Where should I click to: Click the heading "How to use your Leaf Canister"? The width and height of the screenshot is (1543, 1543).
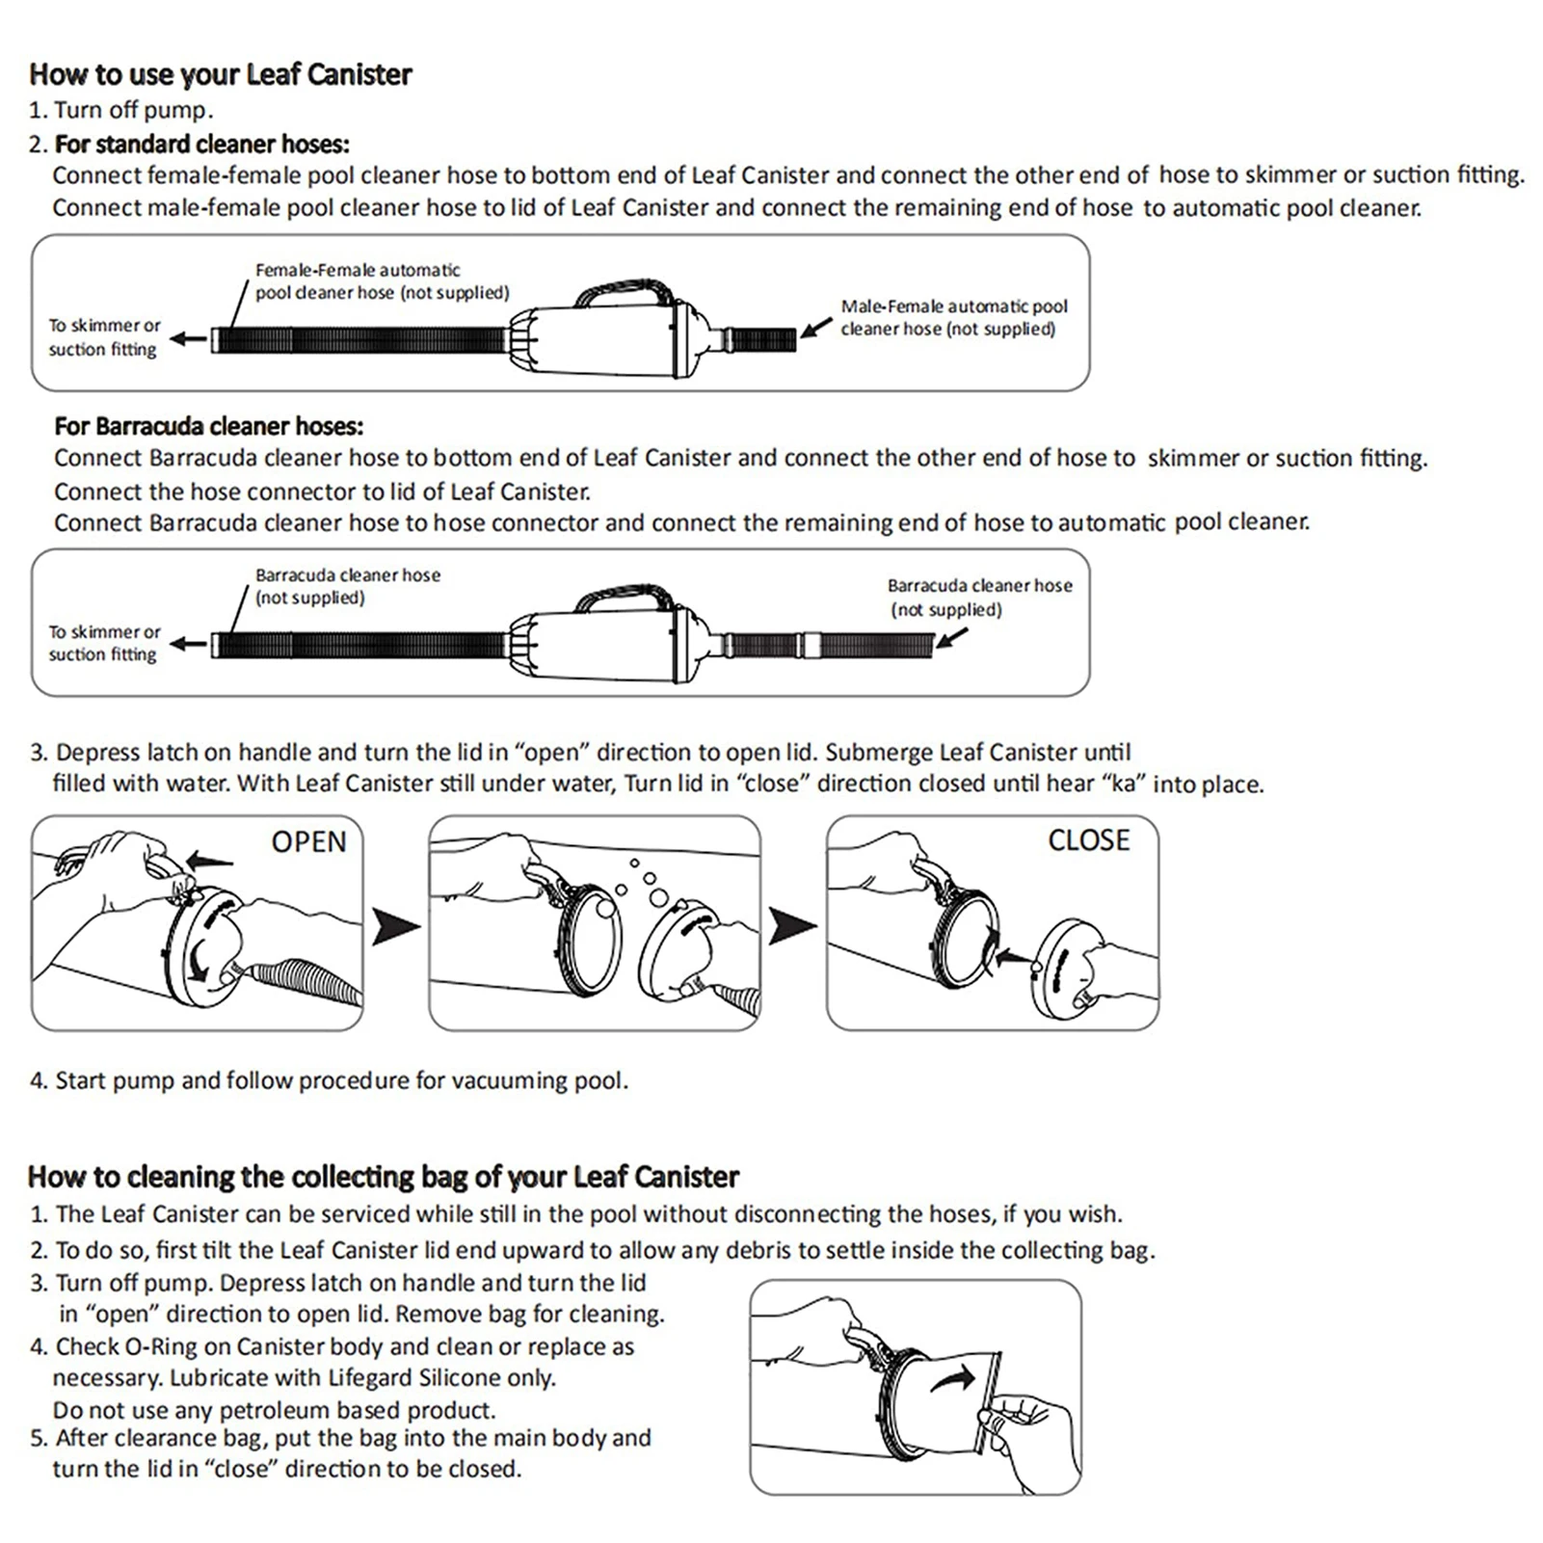(220, 74)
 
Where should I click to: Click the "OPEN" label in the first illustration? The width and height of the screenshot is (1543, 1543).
(308, 841)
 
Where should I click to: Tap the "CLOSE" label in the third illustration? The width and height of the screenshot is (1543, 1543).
(1088, 839)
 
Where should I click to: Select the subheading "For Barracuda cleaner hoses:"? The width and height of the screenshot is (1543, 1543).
(209, 426)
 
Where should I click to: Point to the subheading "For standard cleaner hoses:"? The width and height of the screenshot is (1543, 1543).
(201, 144)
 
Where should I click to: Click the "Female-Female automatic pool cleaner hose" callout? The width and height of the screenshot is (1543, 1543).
(381, 281)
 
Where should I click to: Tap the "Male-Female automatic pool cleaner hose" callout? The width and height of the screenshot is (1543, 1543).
(953, 317)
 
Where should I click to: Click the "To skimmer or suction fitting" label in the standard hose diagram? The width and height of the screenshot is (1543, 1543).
(104, 337)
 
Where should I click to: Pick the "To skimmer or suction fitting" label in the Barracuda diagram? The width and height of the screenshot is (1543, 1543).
(104, 643)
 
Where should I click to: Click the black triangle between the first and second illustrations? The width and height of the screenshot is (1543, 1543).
(395, 926)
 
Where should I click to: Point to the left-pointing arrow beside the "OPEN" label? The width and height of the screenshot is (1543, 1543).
(209, 860)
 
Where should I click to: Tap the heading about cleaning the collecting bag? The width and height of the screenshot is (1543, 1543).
(383, 1177)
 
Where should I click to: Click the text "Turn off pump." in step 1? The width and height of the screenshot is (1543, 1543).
(133, 110)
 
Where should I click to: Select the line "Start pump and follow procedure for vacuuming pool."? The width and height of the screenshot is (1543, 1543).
(341, 1080)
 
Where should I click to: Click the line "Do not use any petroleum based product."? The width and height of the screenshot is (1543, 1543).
(274, 1410)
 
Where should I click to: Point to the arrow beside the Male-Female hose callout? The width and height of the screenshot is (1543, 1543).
(815, 328)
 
